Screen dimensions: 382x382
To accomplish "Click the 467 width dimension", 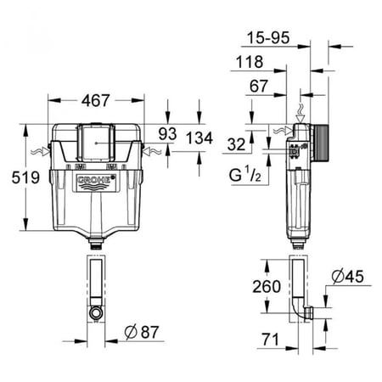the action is click(x=95, y=100).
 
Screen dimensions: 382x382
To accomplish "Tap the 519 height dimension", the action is click(x=25, y=177).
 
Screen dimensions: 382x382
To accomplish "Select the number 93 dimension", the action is click(x=167, y=133).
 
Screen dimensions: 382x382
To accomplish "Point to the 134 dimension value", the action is click(x=199, y=138).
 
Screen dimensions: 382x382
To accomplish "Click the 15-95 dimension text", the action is click(x=268, y=37).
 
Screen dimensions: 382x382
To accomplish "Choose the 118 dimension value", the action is click(x=250, y=62).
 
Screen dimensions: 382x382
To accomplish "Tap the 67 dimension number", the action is click(x=259, y=86).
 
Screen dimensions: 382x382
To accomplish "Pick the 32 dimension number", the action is click(x=236, y=144).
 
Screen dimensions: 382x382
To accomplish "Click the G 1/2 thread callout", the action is click(x=245, y=174).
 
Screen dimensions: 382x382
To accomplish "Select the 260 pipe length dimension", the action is click(x=267, y=286).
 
